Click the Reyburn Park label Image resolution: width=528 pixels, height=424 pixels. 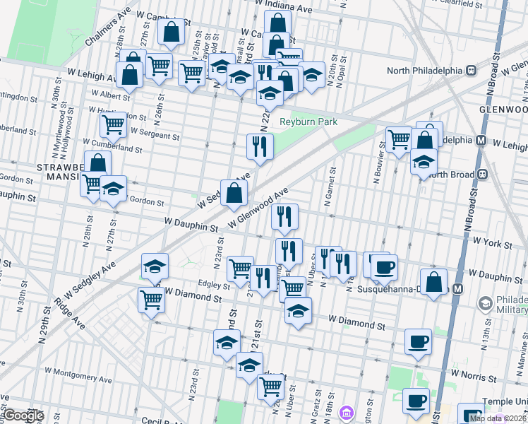(308, 122)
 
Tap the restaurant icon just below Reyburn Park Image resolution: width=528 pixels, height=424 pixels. (259, 146)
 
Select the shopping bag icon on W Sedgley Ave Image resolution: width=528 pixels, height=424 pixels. (234, 192)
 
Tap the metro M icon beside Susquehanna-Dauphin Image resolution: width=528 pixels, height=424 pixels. (458, 289)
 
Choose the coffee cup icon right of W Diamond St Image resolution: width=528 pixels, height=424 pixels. (418, 342)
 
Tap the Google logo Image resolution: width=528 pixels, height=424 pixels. (23, 416)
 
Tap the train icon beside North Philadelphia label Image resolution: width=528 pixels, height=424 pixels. (469, 71)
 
